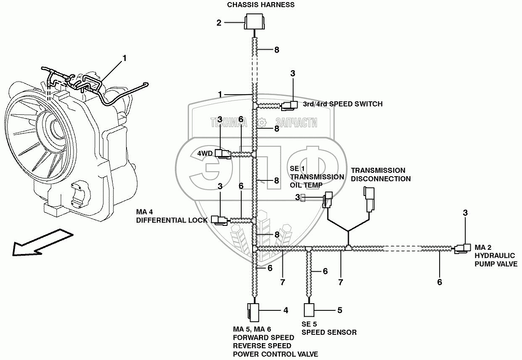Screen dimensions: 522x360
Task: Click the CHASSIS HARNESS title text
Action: [261, 5]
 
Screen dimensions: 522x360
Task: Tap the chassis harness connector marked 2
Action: [254, 21]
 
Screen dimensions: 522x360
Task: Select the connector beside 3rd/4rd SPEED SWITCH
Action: [290, 106]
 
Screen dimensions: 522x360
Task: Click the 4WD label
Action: [205, 154]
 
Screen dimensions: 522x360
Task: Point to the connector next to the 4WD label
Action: [223, 154]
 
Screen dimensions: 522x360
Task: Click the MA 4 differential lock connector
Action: [219, 220]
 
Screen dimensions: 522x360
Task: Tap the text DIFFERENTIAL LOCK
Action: [172, 220]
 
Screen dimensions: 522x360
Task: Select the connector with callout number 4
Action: [253, 312]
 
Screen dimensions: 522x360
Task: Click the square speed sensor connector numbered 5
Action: [309, 310]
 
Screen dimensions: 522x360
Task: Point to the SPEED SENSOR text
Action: [329, 332]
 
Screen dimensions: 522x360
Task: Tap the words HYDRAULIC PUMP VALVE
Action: [496, 260]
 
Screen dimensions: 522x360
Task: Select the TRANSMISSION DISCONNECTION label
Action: [381, 175]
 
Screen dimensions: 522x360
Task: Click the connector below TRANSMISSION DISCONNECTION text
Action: [369, 199]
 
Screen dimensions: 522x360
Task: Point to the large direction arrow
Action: [43, 243]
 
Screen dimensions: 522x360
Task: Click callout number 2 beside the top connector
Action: [219, 23]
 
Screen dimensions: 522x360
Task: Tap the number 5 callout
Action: [340, 310]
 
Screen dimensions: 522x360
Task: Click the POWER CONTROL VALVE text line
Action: [275, 354]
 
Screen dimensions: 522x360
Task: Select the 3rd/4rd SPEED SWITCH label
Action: [343, 104]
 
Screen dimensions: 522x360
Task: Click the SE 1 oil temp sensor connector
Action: [328, 200]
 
